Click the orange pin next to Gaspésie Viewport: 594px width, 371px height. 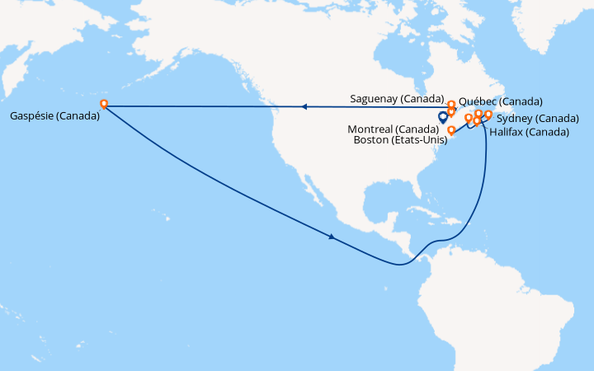click(x=104, y=105)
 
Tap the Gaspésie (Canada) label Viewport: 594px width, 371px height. click(x=55, y=115)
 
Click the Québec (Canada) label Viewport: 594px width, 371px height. click(x=500, y=101)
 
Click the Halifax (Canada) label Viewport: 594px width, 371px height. click(x=529, y=131)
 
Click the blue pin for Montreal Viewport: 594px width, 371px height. click(x=443, y=119)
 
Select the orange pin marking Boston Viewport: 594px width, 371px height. click(x=451, y=130)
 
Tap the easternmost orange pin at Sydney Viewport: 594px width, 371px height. click(x=488, y=115)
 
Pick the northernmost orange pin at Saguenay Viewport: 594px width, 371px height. click(x=451, y=105)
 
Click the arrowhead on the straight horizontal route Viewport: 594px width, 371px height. click(x=304, y=106)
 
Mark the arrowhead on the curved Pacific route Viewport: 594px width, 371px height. click(x=332, y=237)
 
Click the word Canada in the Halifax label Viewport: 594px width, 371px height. click(x=549, y=131)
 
